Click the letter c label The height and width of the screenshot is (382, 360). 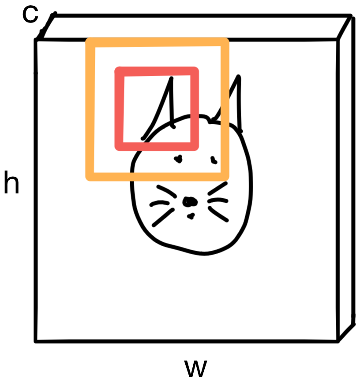(30, 14)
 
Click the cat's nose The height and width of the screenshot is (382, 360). (190, 202)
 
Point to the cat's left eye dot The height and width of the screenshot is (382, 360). (178, 159)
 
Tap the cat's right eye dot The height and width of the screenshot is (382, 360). (214, 159)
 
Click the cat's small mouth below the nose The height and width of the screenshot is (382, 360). (191, 215)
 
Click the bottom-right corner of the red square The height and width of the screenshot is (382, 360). (195, 146)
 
